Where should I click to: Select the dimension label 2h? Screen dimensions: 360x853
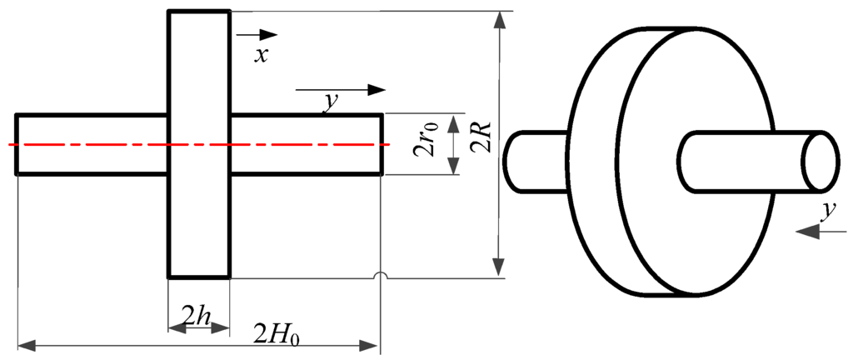pos(197,317)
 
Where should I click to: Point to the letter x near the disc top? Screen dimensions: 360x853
pos(262,56)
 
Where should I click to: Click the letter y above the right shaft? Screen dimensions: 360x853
pos(331,102)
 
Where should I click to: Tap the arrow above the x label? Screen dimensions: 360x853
pos(257,35)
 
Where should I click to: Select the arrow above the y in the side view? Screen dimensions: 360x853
pos(342,89)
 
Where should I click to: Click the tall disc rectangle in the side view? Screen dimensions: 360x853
pos(199,143)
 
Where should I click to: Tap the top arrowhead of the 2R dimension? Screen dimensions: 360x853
pos(498,21)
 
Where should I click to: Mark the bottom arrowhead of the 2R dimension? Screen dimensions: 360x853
pos(498,267)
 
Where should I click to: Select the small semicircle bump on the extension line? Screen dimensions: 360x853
pos(380,277)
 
